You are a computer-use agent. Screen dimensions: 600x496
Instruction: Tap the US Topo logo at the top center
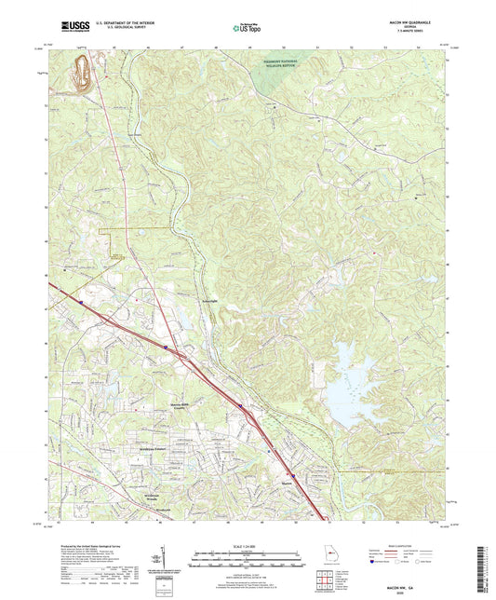click(248, 29)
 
